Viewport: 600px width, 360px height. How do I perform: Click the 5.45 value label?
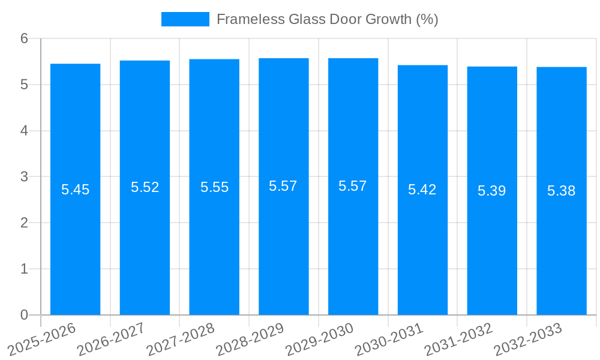(x=75, y=190)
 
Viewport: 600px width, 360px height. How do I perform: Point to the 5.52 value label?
(x=145, y=187)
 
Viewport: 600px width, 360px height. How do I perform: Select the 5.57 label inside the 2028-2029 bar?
(x=283, y=186)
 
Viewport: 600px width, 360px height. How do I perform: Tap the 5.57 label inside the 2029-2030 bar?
(x=353, y=186)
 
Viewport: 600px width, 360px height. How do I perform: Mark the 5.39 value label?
(x=491, y=191)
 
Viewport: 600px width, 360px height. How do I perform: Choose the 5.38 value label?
(x=561, y=191)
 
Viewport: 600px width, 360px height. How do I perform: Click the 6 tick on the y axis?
(x=24, y=38)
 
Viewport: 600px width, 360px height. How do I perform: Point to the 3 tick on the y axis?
(x=24, y=177)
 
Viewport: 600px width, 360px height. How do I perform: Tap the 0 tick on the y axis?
(x=24, y=315)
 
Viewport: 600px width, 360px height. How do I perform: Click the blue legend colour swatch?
(x=185, y=19)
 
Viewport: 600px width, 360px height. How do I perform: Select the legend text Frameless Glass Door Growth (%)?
(x=327, y=19)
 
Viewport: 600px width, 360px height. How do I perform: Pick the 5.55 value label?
(x=214, y=187)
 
